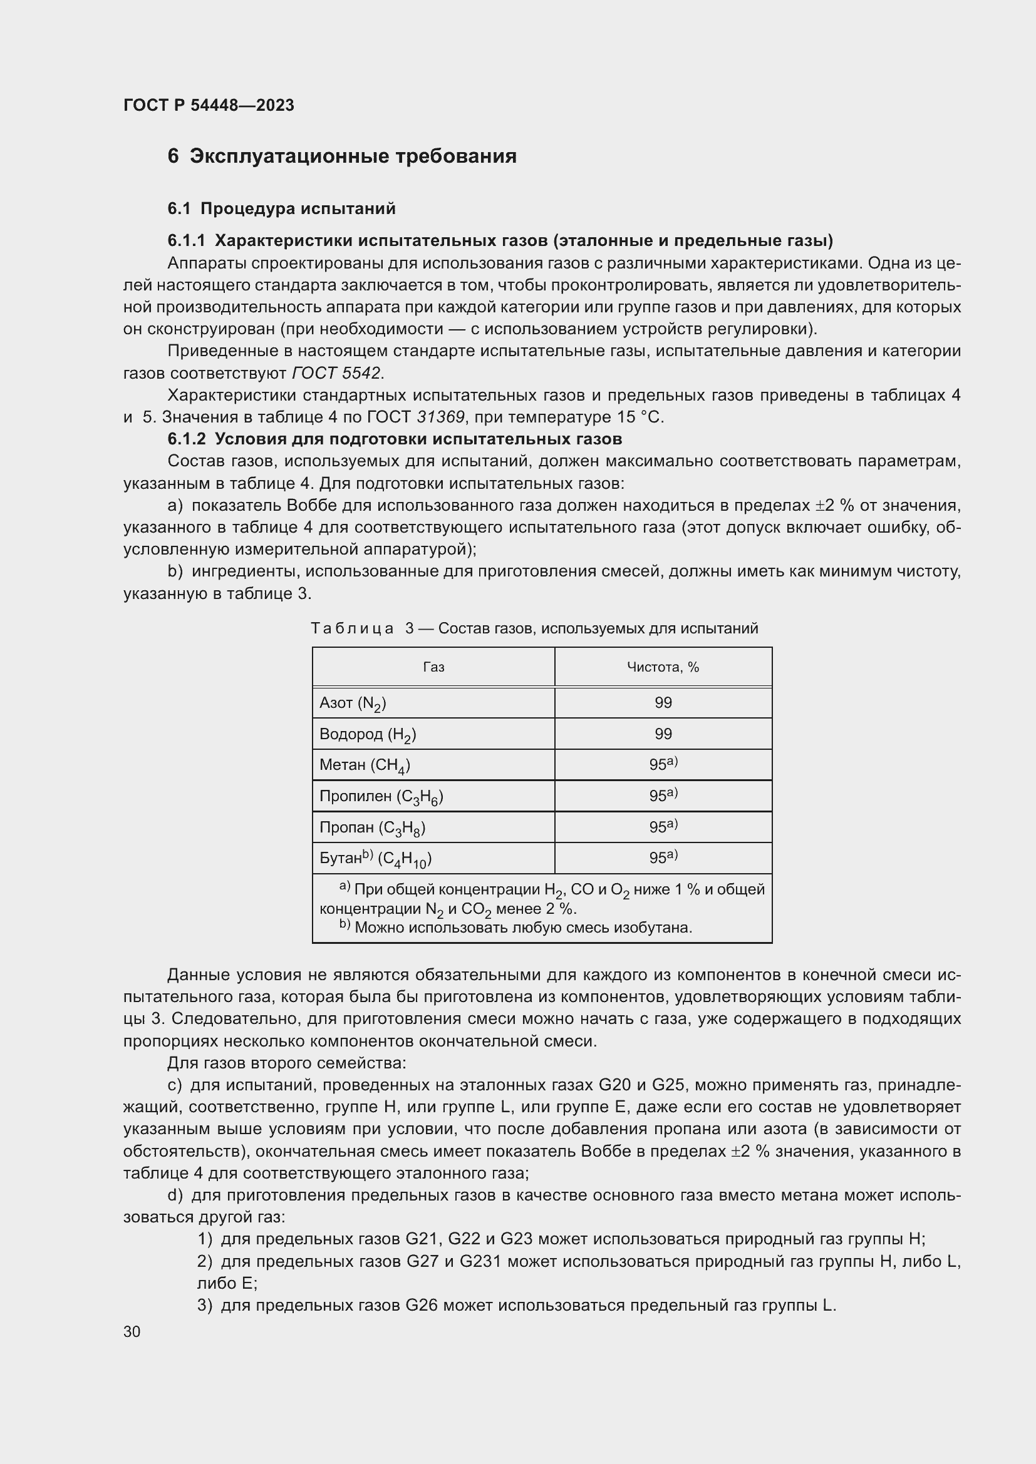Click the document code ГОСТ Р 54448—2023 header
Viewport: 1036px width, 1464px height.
point(209,105)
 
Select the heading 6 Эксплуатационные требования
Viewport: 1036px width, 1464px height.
point(342,156)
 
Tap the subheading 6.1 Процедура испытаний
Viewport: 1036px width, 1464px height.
point(281,208)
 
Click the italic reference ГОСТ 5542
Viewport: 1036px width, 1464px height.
point(336,373)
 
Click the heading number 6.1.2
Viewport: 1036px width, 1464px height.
point(186,439)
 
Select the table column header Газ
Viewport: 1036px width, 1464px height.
point(433,667)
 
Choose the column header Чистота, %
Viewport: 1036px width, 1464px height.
point(663,667)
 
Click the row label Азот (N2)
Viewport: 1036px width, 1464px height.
point(353,703)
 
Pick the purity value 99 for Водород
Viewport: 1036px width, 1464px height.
point(663,734)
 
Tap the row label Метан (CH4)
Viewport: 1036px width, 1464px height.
point(365,764)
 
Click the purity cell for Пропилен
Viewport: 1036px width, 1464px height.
point(663,796)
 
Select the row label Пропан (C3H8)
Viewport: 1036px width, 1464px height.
point(372,827)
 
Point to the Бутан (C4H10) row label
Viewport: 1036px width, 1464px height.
point(375,858)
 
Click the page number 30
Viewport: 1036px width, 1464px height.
point(132,1344)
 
